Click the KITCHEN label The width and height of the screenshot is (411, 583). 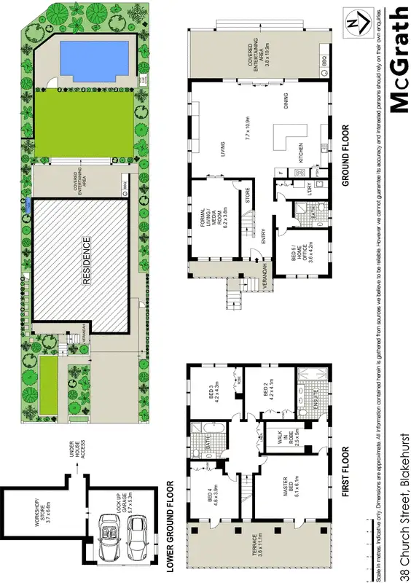[x=299, y=155]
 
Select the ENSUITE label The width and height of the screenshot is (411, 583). [x=316, y=399]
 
